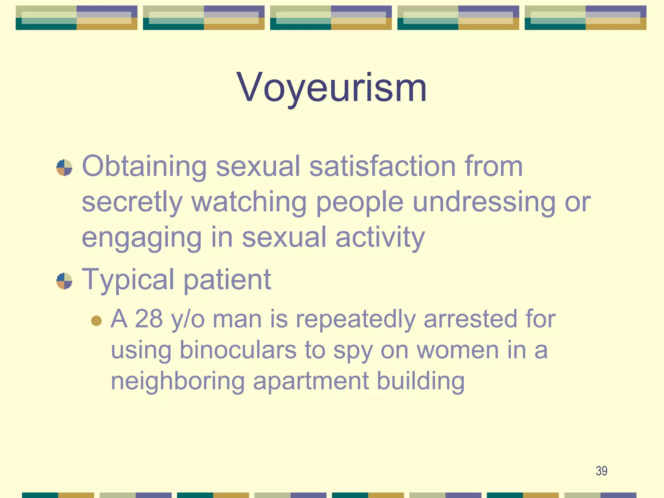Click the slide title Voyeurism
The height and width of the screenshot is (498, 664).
pyautogui.click(x=332, y=88)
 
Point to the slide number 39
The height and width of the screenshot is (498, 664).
pyautogui.click(x=601, y=471)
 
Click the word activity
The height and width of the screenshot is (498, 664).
pyautogui.click(x=380, y=238)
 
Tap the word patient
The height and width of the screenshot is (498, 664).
pyautogui.click(x=227, y=280)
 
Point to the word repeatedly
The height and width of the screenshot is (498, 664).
pyautogui.click(x=356, y=319)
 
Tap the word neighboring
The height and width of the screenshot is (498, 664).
pyautogui.click(x=178, y=382)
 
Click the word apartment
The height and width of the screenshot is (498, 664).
pyautogui.click(x=311, y=382)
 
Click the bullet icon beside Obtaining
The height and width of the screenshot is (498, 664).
pyautogui.click(x=64, y=168)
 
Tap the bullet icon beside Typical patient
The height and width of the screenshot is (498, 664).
pyautogui.click(x=64, y=281)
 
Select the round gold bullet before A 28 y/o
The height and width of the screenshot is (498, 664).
pyautogui.click(x=97, y=321)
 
